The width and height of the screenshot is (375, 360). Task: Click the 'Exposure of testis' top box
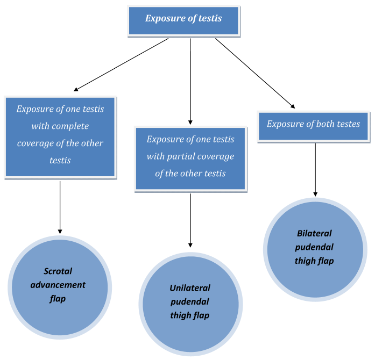(183, 18)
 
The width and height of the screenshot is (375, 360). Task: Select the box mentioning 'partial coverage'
(190, 156)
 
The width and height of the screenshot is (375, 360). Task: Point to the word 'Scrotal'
(58, 271)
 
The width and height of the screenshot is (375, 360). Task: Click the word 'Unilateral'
(187, 288)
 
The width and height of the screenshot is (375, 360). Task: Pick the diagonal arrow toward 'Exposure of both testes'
(255, 73)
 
